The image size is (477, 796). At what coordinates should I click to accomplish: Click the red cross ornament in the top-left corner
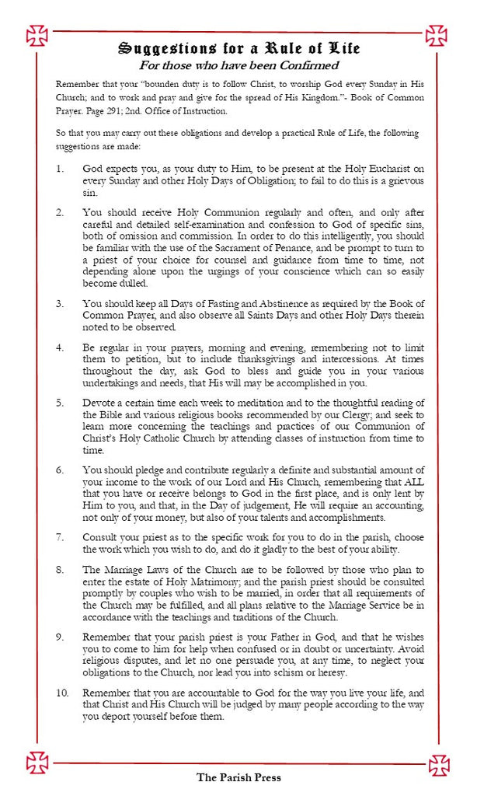[x=37, y=35]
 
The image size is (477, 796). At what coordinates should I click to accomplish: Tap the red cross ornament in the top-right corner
[x=436, y=35]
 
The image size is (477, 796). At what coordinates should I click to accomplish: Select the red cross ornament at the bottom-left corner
[x=37, y=762]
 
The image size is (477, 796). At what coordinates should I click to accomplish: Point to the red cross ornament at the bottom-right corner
[x=439, y=764]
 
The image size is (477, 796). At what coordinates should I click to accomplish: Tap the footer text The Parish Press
[x=238, y=777]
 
